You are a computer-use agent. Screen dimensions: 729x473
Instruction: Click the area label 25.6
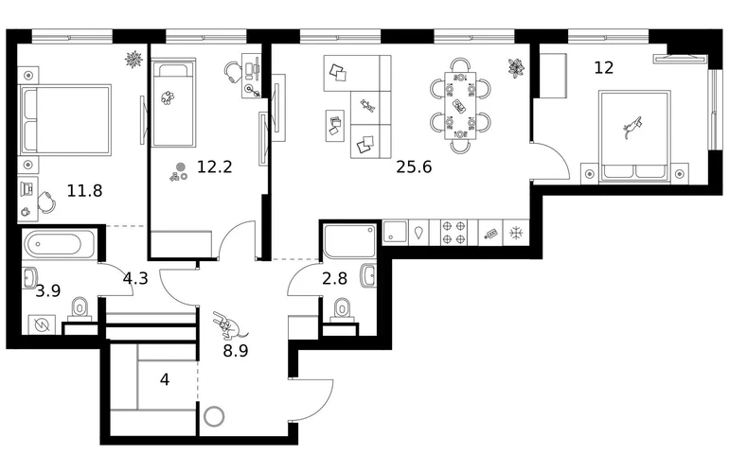pyautogui.click(x=414, y=166)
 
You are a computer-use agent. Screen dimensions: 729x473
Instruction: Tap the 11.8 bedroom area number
pyautogui.click(x=84, y=190)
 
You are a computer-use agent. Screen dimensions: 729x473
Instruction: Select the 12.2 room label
pyautogui.click(x=214, y=166)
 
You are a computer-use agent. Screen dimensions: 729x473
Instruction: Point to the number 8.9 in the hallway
pyautogui.click(x=235, y=351)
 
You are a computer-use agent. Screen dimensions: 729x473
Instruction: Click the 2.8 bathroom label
pyautogui.click(x=335, y=279)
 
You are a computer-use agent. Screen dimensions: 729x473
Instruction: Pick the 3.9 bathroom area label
pyautogui.click(x=48, y=291)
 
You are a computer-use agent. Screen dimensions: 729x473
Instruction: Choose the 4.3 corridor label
pyautogui.click(x=135, y=279)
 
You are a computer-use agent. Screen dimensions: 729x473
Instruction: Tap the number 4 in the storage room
pyautogui.click(x=165, y=380)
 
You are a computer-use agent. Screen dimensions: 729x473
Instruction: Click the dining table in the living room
pyautogui.click(x=460, y=106)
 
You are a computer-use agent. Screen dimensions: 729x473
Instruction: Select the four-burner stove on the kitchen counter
pyautogui.click(x=453, y=233)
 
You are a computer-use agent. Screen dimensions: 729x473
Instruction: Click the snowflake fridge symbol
pyautogui.click(x=516, y=233)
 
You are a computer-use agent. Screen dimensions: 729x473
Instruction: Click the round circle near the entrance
pyautogui.click(x=214, y=416)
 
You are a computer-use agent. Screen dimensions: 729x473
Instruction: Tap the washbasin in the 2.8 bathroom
pyautogui.click(x=368, y=276)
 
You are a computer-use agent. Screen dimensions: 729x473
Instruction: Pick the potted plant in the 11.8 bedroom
pyautogui.click(x=133, y=60)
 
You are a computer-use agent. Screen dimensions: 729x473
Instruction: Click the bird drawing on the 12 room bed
pyautogui.click(x=632, y=127)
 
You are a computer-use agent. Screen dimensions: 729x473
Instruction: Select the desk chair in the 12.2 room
pyautogui.click(x=233, y=72)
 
